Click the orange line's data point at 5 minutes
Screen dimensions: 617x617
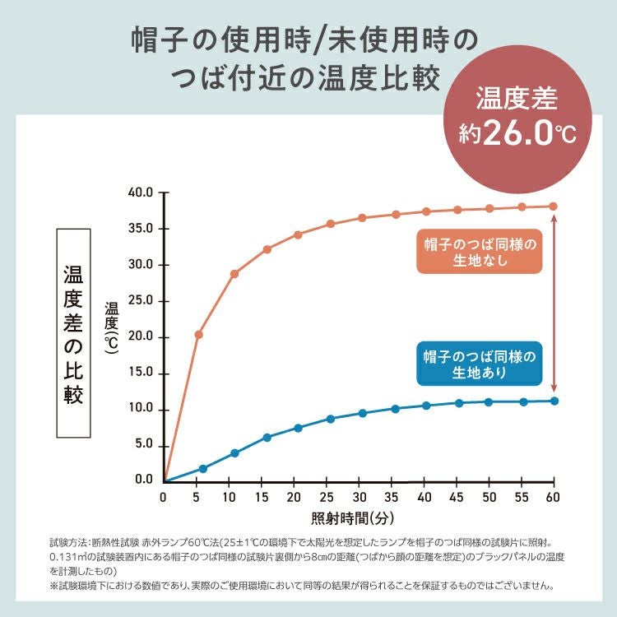198,335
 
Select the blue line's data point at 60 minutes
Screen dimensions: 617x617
554,401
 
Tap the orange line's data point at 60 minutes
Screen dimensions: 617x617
554,206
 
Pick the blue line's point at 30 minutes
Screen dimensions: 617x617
362,413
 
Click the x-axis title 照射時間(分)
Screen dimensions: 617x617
352,518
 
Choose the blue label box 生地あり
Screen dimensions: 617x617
479,364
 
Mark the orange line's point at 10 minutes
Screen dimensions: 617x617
234,273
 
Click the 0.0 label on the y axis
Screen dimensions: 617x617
142,480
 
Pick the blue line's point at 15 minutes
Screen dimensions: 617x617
267,438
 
